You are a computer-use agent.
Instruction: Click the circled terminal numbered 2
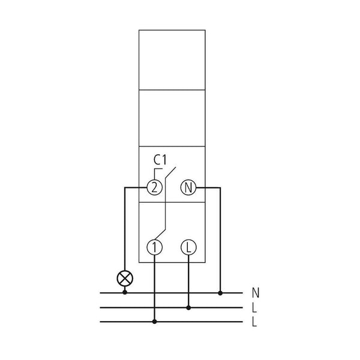click(x=155, y=188)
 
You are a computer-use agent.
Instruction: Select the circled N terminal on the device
click(x=188, y=188)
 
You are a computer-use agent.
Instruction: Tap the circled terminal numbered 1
click(x=155, y=247)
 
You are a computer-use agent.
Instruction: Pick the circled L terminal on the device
click(x=188, y=247)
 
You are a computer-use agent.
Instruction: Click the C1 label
click(x=160, y=160)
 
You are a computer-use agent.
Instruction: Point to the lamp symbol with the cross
click(x=125, y=278)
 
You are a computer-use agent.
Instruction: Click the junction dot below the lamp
click(x=125, y=293)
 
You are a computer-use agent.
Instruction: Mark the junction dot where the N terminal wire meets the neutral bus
click(x=220, y=293)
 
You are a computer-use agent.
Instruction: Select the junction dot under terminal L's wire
click(x=188, y=308)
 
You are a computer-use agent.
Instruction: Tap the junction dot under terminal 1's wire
click(x=155, y=322)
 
